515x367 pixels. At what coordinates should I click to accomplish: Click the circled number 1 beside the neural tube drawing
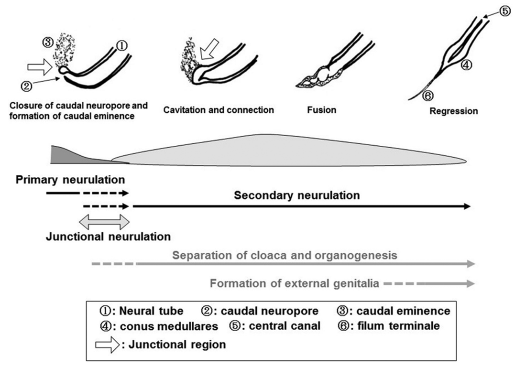[x=122, y=46]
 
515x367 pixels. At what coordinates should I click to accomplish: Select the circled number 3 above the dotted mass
[x=48, y=42]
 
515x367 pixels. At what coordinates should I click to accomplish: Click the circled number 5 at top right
[x=504, y=12]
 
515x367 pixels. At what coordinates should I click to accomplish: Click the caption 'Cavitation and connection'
[x=219, y=110]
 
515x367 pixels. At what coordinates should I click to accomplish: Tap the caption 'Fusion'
[x=321, y=110]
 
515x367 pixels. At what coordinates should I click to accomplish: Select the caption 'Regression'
[x=453, y=111]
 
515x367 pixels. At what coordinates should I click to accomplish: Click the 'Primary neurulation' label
[x=70, y=180]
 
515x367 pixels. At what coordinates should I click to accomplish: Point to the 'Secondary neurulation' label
[x=296, y=195]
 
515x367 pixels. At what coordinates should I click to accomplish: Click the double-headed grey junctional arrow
[x=104, y=222]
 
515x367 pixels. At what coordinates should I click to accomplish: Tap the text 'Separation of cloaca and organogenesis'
[x=285, y=255]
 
